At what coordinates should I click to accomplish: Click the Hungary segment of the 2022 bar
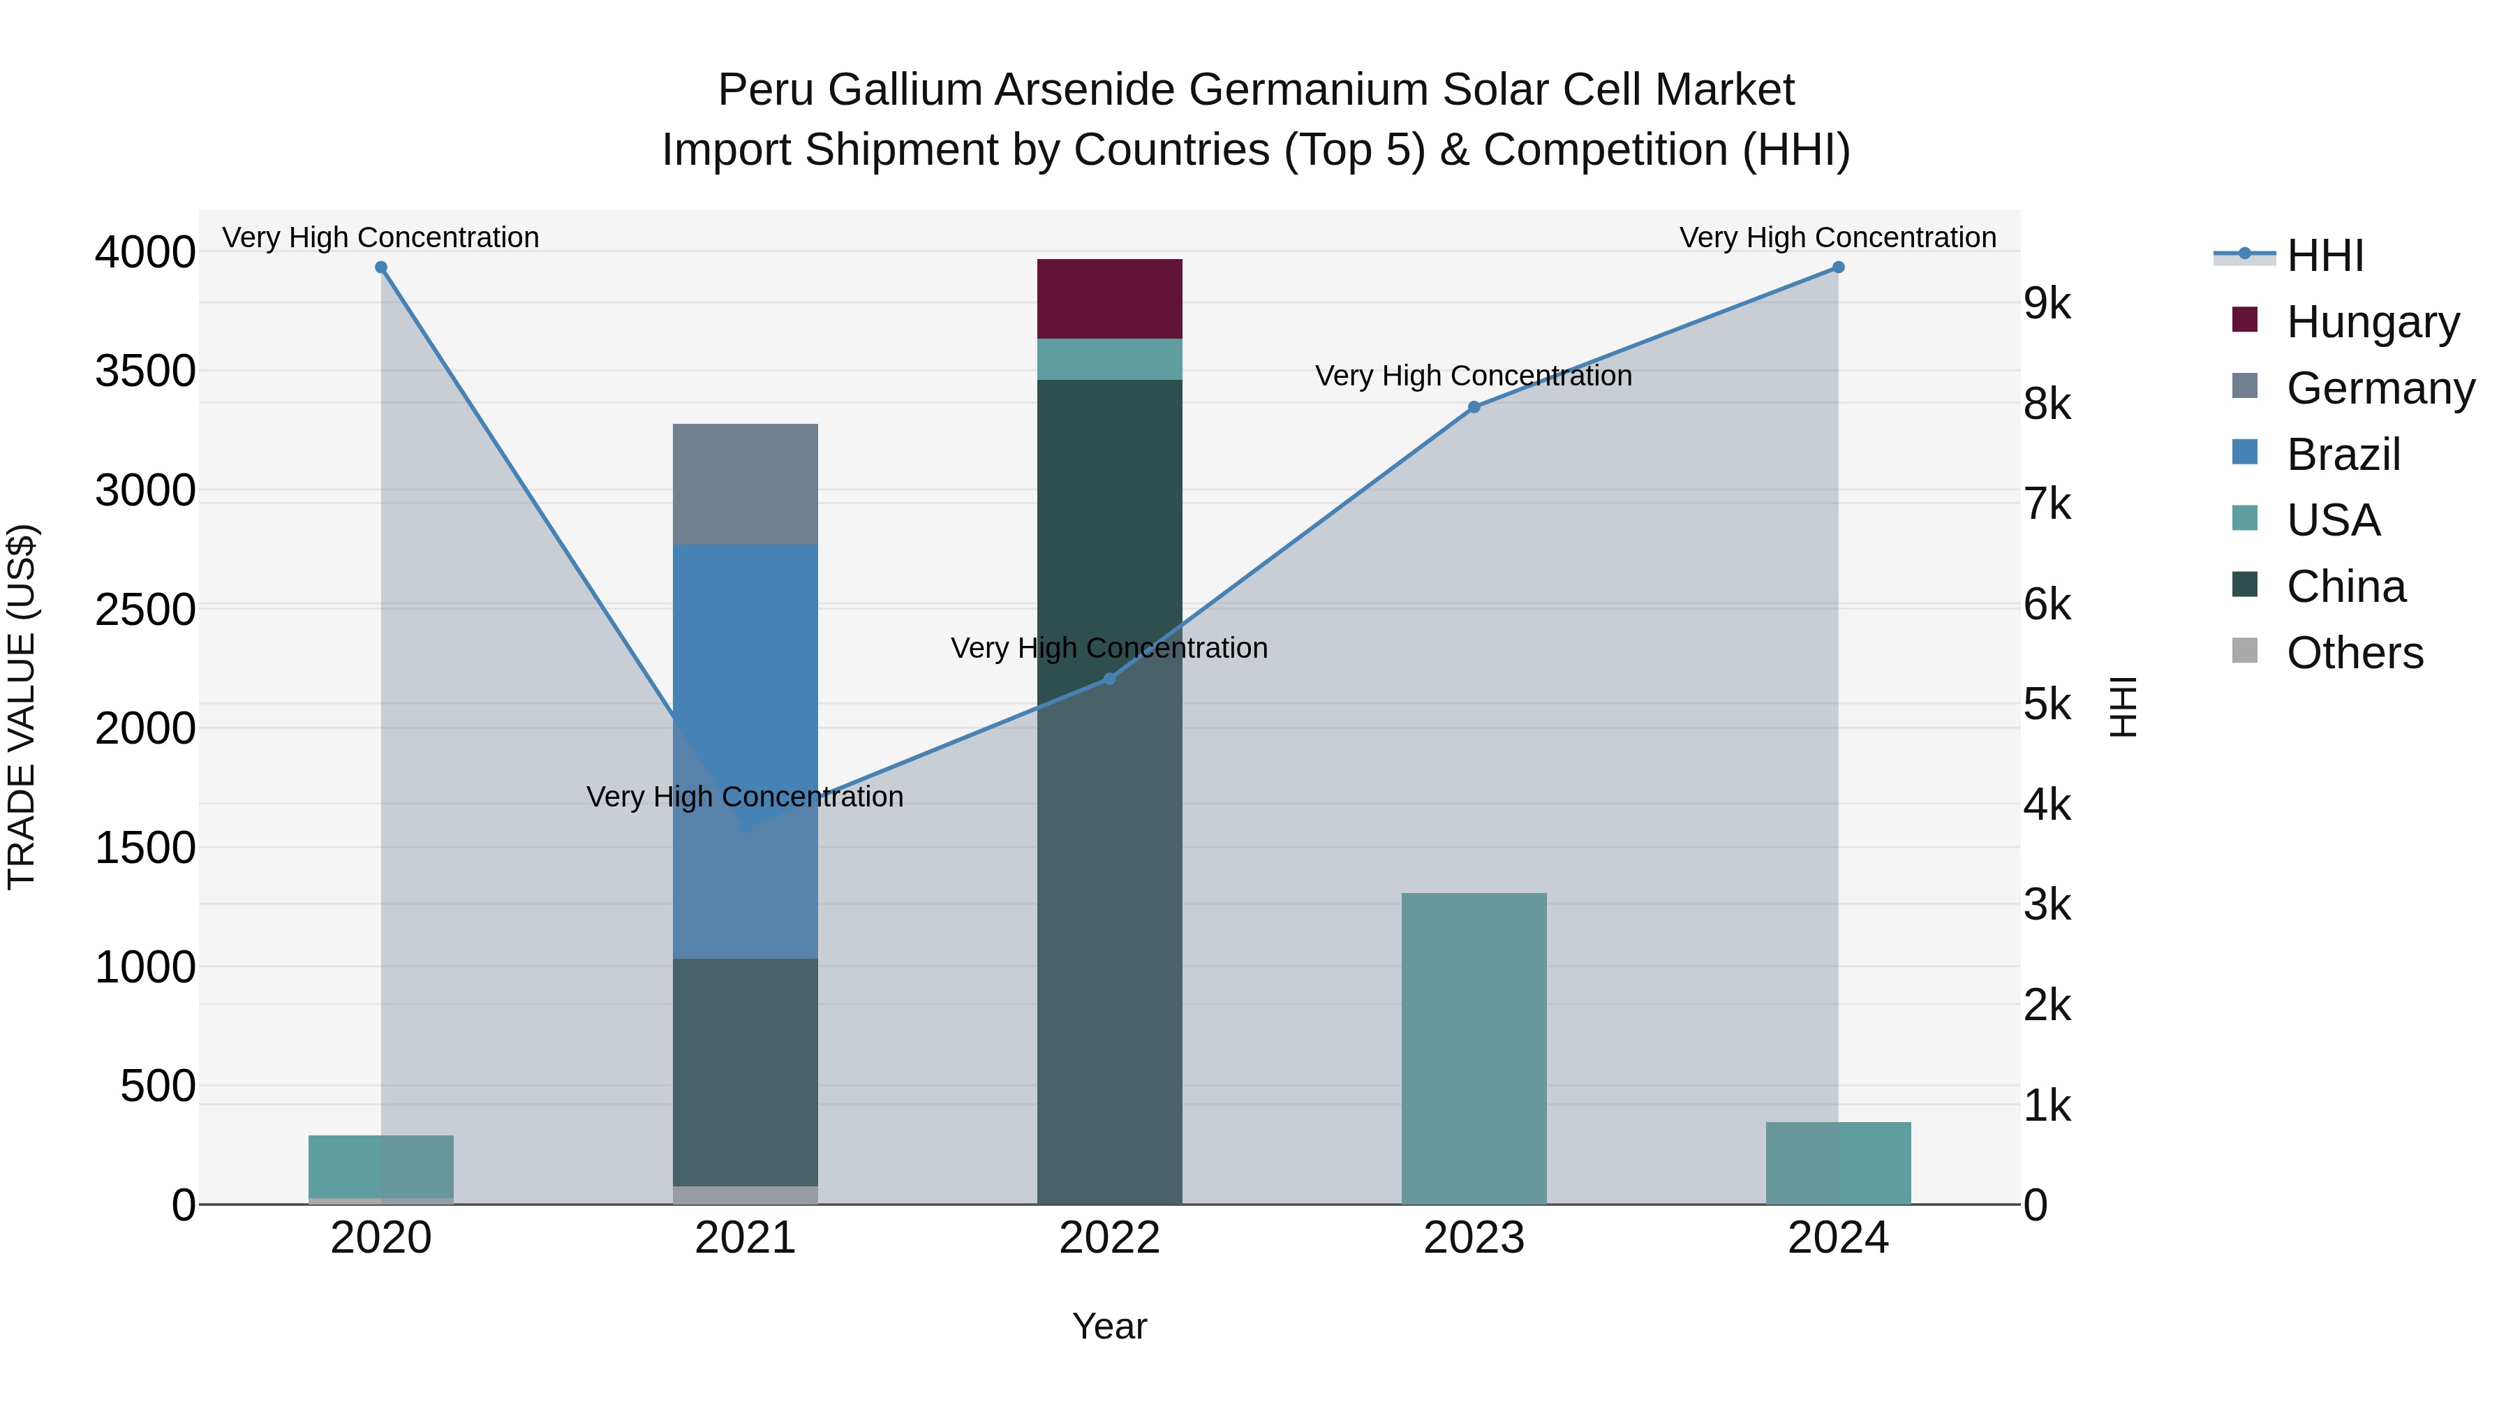pyautogui.click(x=1109, y=299)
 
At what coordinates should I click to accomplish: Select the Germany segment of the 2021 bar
pyautogui.click(x=746, y=484)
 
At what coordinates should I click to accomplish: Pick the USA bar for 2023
pyautogui.click(x=1473, y=1048)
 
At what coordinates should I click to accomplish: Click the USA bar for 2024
pyautogui.click(x=1838, y=1163)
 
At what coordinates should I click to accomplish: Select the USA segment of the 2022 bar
pyautogui.click(x=1109, y=359)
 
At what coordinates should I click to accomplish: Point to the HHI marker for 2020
pyautogui.click(x=381, y=267)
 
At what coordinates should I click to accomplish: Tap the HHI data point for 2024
pyautogui.click(x=1838, y=267)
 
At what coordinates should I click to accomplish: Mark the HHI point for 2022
pyautogui.click(x=1109, y=678)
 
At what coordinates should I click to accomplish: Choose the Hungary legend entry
pyautogui.click(x=2373, y=322)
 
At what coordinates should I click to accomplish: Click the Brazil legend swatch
pyautogui.click(x=2245, y=452)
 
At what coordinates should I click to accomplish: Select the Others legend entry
pyautogui.click(x=2354, y=653)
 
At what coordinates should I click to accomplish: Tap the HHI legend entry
pyautogui.click(x=2325, y=256)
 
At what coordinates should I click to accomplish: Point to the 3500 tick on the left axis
pyautogui.click(x=144, y=371)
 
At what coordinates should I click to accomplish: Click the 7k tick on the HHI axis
pyautogui.click(x=2047, y=505)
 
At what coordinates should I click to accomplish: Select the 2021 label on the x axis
pyautogui.click(x=746, y=1238)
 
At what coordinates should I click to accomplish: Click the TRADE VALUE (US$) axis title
pyautogui.click(x=22, y=707)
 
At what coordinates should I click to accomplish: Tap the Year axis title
pyautogui.click(x=1109, y=1326)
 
